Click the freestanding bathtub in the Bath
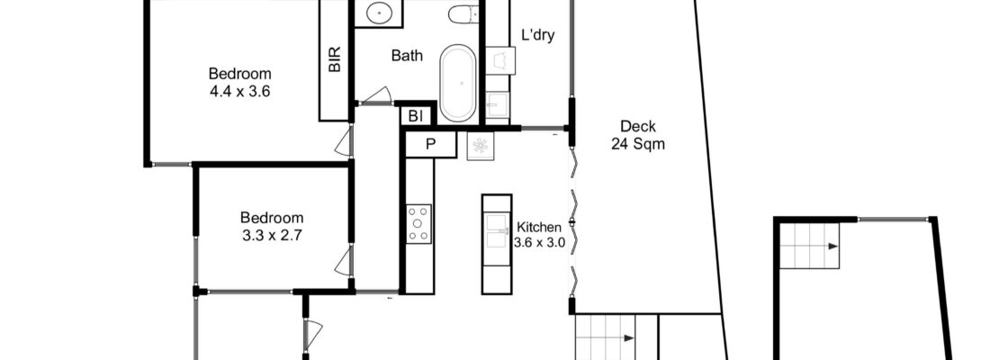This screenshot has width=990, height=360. pos(459,83)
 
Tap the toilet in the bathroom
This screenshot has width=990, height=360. pos(463,14)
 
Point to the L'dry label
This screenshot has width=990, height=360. pos(537,36)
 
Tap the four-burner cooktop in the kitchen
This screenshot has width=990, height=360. pos(419,223)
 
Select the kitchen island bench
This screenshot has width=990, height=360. pos(496,243)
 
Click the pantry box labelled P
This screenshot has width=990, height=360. pos(430,144)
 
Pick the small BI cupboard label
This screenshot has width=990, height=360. pos(416,116)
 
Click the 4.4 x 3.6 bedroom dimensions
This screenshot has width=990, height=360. pos(239,90)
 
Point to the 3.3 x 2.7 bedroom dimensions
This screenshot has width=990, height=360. pos(272,234)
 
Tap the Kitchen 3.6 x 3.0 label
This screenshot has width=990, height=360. pos(539,234)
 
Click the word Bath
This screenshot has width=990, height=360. pos(407,56)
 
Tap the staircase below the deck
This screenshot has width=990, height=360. pos(605,337)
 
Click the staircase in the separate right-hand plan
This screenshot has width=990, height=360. pos(810,245)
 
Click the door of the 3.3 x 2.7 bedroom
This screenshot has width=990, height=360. pos(342,263)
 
